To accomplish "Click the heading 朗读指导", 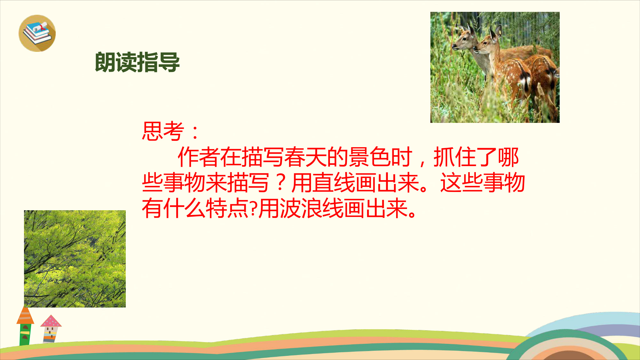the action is tap(137, 62).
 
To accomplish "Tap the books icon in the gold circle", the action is tap(37, 33).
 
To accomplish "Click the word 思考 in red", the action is tap(163, 131).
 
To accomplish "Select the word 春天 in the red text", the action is tap(305, 157).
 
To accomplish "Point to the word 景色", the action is tap(369, 157).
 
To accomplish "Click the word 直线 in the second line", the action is tap(334, 183).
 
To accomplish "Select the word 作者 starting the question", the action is tap(199, 157).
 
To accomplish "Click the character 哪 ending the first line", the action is tap(508, 157).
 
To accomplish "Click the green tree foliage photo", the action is tap(75, 259).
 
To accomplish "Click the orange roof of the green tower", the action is tap(25, 316).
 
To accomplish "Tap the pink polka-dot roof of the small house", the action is tap(51, 321).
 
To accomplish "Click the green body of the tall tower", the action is tap(25, 335).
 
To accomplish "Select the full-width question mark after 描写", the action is tap(280, 183).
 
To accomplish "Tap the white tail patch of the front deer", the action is tap(525, 80).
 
